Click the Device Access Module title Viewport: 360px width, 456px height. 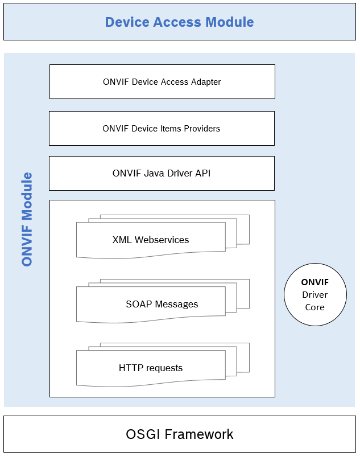point(179,22)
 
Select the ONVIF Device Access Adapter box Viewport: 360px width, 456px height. point(162,81)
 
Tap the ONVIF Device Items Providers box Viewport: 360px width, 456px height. point(162,128)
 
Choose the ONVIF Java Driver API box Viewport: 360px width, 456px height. point(162,173)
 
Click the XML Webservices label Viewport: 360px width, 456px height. point(151,240)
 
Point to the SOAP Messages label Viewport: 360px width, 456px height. point(162,304)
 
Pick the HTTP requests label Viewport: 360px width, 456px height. point(151,368)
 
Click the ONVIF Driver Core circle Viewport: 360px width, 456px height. point(315,294)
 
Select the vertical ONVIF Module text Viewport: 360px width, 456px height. point(27,219)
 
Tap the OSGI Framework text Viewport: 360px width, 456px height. point(179,434)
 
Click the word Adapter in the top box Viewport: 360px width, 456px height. point(205,82)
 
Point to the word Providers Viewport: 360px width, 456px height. point(201,129)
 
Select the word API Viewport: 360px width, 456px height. point(202,173)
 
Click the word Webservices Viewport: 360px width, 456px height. point(160,240)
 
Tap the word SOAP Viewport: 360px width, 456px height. point(138,304)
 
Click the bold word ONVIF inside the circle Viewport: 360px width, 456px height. point(315,282)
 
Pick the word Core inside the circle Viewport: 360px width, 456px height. point(315,307)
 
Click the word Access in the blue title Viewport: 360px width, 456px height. point(179,22)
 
